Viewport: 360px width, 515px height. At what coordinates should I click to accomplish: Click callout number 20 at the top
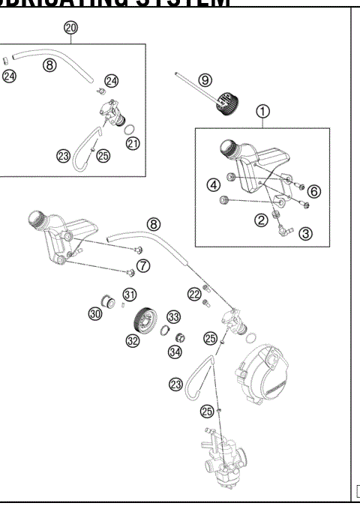tap(70, 28)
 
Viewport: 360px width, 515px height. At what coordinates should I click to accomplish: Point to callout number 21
tap(133, 143)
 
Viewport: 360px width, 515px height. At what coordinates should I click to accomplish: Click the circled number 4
tap(214, 184)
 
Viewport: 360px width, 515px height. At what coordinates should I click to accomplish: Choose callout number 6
tap(313, 191)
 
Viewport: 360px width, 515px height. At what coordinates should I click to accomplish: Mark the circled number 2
tap(262, 220)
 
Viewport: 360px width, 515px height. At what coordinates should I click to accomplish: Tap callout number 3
tap(305, 233)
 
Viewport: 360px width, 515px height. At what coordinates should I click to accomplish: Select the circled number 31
tap(129, 294)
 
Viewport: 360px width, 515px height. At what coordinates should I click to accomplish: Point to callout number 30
tap(96, 315)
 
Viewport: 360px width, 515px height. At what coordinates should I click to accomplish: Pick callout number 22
tap(194, 293)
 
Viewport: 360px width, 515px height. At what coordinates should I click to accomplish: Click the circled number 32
tap(133, 340)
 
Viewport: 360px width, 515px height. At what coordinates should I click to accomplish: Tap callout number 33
tap(174, 316)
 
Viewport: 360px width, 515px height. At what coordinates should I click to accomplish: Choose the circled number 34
tap(175, 350)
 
